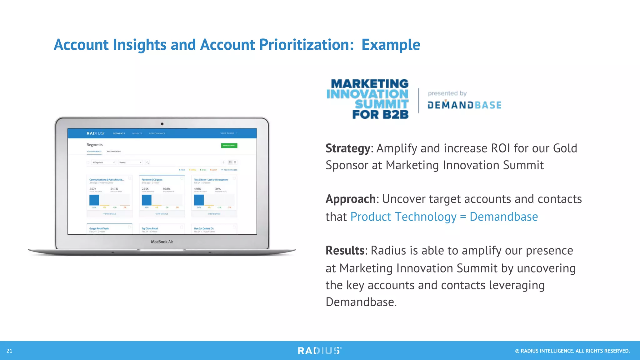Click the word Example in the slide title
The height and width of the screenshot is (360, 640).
(391, 45)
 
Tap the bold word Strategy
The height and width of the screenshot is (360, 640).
(347, 148)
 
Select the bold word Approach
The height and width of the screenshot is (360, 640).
(350, 199)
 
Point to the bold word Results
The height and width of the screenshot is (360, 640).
(345, 251)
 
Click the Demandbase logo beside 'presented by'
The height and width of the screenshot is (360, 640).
(464, 105)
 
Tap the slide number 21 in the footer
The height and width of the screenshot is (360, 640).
(9, 351)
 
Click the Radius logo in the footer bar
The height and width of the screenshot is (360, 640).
(320, 351)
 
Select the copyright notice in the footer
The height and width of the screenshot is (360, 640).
(572, 351)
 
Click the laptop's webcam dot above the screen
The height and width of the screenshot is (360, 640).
(162, 124)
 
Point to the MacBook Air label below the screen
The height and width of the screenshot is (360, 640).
(162, 242)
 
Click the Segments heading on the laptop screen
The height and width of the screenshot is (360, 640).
(94, 145)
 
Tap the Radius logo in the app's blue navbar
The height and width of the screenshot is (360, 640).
(95, 133)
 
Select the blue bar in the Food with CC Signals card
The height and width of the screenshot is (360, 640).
(147, 200)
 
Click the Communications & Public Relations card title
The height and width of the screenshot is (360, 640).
(107, 180)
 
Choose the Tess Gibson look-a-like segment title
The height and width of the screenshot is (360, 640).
(211, 180)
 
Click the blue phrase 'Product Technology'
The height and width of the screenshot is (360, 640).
(403, 217)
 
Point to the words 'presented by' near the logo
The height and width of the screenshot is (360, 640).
(447, 93)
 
